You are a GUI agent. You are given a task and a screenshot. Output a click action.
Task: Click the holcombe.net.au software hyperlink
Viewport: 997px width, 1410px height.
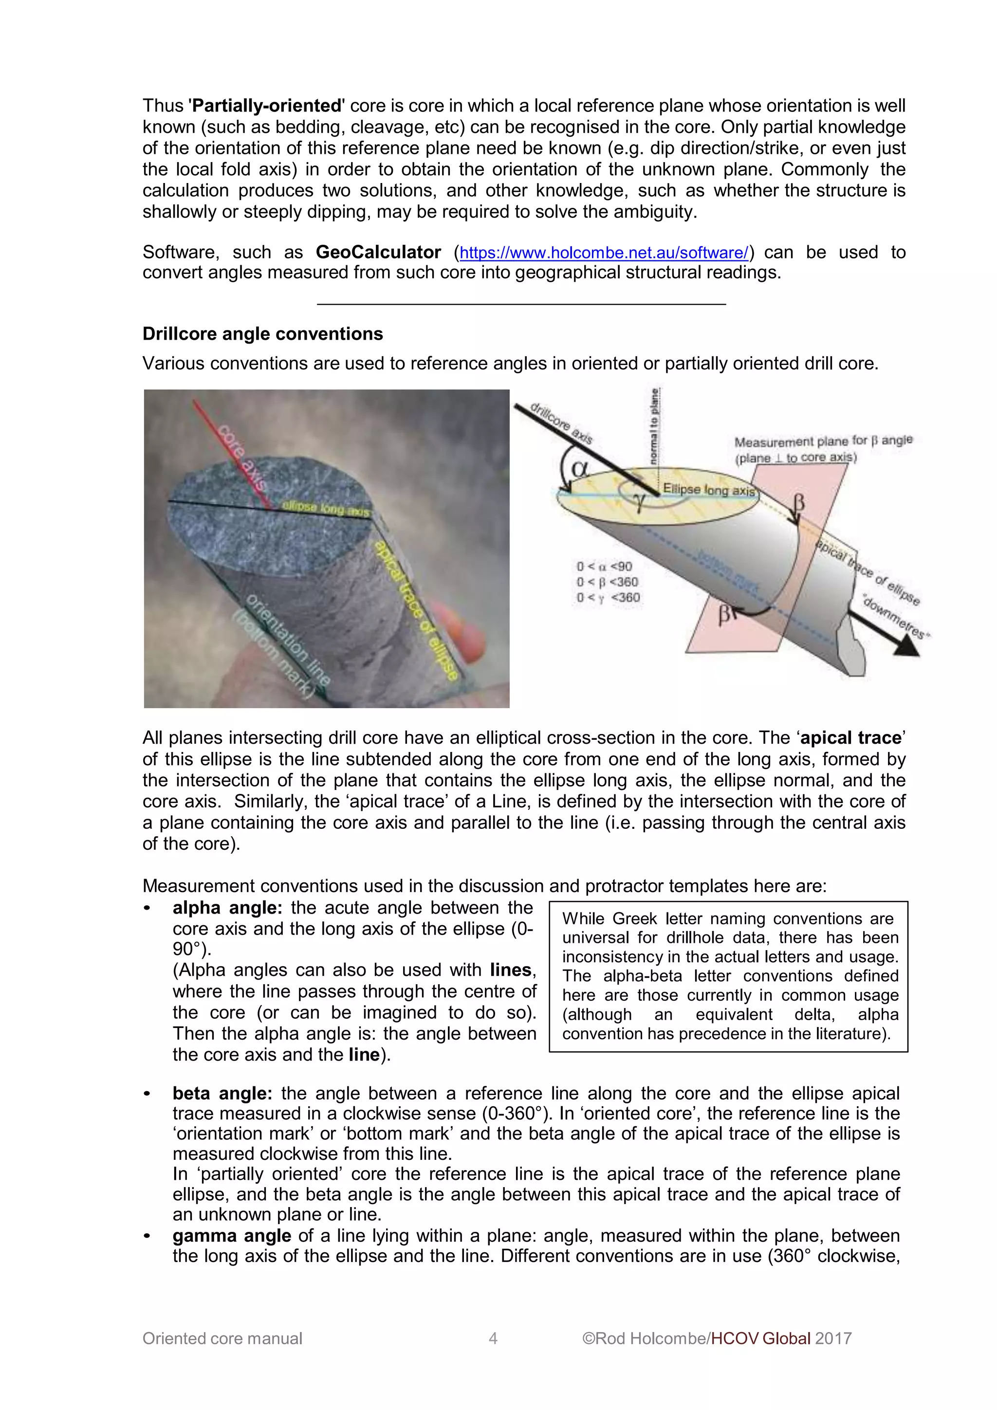(603, 253)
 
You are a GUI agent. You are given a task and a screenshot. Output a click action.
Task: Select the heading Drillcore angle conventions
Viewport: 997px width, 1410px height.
(262, 334)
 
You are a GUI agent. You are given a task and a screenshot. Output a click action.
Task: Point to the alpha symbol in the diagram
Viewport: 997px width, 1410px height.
(580, 469)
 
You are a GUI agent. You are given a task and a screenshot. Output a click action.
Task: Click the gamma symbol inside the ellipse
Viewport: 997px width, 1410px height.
(640, 502)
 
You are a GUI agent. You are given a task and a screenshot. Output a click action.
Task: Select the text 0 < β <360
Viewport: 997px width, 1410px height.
(607, 582)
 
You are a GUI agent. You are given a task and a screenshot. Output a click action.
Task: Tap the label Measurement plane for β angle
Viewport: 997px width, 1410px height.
(823, 441)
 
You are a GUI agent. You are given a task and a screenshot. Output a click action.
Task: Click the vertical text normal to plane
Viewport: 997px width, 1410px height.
(655, 426)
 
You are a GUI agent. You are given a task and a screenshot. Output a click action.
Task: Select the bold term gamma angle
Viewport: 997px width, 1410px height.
(232, 1236)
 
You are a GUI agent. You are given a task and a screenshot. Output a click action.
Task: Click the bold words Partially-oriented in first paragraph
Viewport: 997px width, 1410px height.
(267, 106)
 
